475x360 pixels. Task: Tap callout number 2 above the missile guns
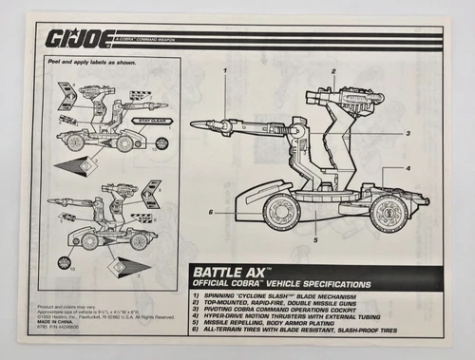334,71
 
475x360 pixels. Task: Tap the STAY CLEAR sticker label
151,121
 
